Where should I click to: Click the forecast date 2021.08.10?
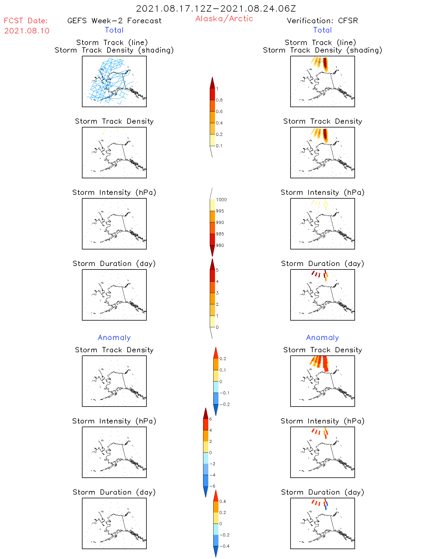pyautogui.click(x=27, y=31)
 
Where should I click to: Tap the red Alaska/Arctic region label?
pyautogui.click(x=224, y=19)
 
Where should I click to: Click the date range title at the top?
pyautogui.click(x=216, y=8)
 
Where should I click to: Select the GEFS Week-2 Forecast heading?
pyautogui.click(x=114, y=21)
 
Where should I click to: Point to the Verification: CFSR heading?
pyautogui.click(x=322, y=21)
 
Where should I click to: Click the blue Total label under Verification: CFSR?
pyautogui.click(x=322, y=30)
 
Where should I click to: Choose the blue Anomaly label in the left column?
pyautogui.click(x=114, y=337)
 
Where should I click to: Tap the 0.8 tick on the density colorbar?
pyautogui.click(x=219, y=100)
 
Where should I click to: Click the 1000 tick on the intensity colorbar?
pyautogui.click(x=221, y=200)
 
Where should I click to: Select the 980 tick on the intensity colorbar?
pyautogui.click(x=220, y=245)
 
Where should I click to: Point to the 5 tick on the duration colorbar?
pyautogui.click(x=217, y=270)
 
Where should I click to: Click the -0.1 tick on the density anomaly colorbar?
pyautogui.click(x=224, y=393)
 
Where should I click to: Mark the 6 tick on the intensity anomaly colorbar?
pyautogui.click(x=210, y=419)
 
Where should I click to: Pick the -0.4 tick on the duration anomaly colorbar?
pyautogui.click(x=224, y=546)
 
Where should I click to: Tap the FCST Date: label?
pyautogui.click(x=26, y=21)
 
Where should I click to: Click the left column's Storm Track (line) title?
pyautogui.click(x=112, y=42)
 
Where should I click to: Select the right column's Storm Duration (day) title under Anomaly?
pyautogui.click(x=322, y=492)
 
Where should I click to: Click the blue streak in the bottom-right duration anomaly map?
pyautogui.click(x=326, y=506)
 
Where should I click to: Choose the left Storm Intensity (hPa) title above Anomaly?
pyautogui.click(x=114, y=193)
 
